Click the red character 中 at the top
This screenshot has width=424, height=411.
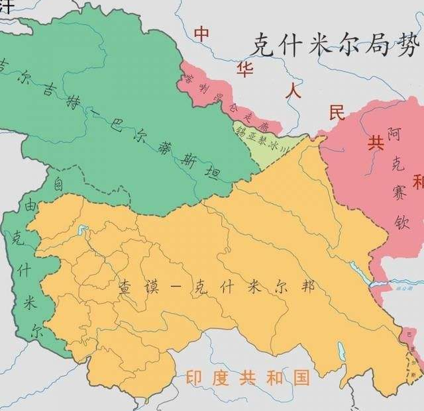pyautogui.click(x=202, y=33)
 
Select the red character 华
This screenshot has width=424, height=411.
pyautogui.click(x=245, y=68)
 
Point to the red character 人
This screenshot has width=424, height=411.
pyautogui.click(x=292, y=90)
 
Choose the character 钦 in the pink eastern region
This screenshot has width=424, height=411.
pyautogui.click(x=396, y=220)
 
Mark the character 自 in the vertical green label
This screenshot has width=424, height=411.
pyautogui.click(x=58, y=180)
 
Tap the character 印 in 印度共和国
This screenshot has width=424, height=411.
pyautogui.click(x=193, y=378)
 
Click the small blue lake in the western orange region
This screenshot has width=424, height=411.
pyautogui.click(x=83, y=231)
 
